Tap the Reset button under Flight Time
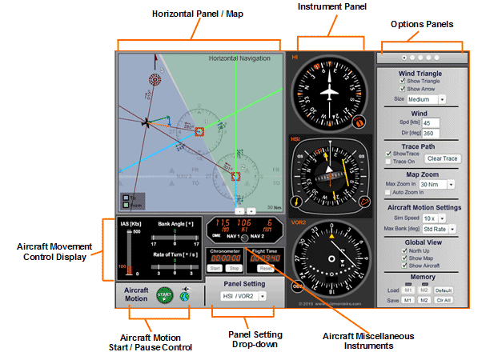coord(266,269)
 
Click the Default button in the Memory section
coord(444,290)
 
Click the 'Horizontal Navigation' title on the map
coord(243,58)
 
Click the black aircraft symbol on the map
coord(146,123)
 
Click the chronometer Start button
coord(215,269)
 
